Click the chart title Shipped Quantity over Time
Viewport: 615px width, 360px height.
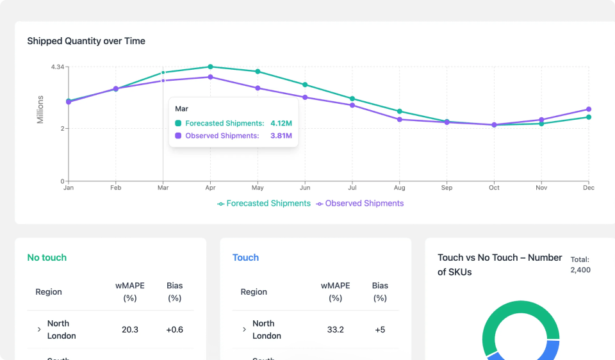[x=86, y=41]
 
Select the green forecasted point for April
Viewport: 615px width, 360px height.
[x=210, y=67]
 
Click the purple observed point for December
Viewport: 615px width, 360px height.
[x=589, y=109]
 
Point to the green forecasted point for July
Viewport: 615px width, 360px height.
[x=352, y=99]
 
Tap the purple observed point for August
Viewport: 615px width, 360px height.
[x=400, y=119]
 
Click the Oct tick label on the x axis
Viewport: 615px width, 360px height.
[x=494, y=188]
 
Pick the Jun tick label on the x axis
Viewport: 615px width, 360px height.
[x=305, y=188]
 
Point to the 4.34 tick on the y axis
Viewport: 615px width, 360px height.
[x=58, y=67]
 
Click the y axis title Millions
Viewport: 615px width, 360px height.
[x=40, y=110]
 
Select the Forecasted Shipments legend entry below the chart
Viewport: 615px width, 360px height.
[x=264, y=204]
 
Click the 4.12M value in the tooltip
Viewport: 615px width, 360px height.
[x=281, y=123]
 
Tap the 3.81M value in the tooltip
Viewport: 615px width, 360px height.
[x=281, y=136]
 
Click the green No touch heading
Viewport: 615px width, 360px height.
[x=47, y=258]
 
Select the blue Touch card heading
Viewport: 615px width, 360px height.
[x=245, y=258]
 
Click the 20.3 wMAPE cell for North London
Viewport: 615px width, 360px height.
[x=130, y=330]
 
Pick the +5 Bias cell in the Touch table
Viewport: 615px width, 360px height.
[x=380, y=330]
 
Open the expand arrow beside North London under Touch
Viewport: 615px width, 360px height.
[x=244, y=330]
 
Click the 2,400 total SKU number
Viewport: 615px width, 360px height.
[x=580, y=270]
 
